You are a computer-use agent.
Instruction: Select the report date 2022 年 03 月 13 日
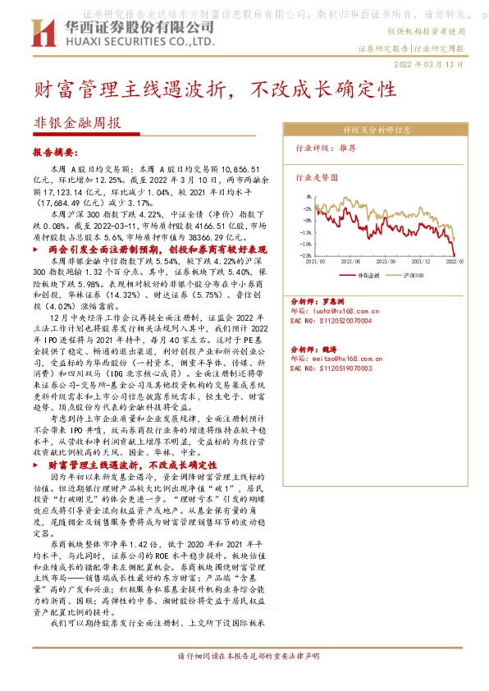[x=429, y=65]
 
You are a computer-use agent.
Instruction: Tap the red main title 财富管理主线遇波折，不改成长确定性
[x=221, y=88]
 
